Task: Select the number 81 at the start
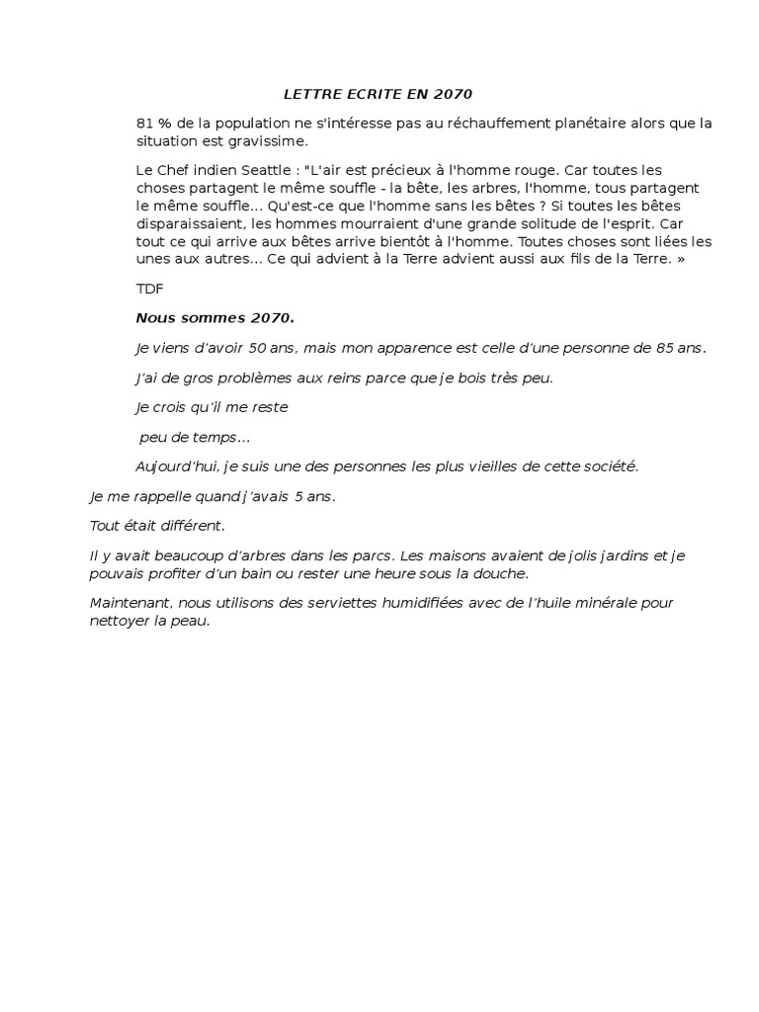(144, 124)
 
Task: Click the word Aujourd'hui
(176, 465)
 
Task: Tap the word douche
(503, 572)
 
